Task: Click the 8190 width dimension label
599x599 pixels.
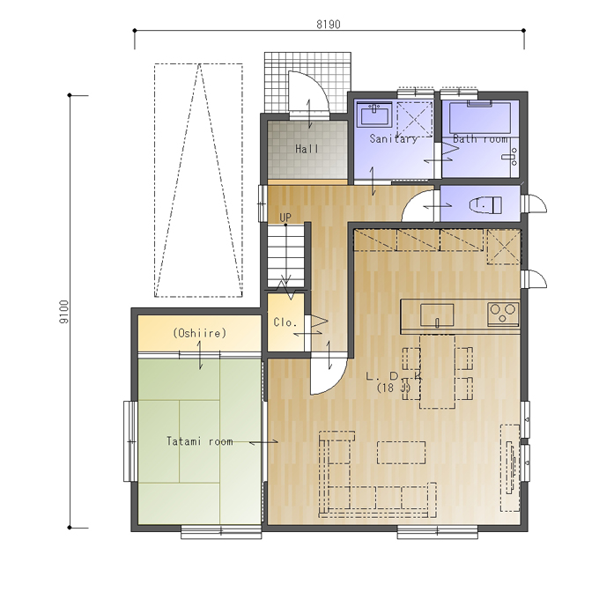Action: click(x=329, y=25)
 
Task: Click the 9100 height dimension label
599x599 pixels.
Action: click(x=64, y=312)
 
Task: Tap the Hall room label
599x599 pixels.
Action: click(x=307, y=149)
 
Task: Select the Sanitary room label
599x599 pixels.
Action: click(x=393, y=138)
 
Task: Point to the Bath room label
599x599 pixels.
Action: click(x=481, y=138)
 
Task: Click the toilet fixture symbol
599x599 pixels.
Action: click(x=485, y=205)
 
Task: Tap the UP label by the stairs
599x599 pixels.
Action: click(x=285, y=218)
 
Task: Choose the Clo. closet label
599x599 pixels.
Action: click(x=285, y=322)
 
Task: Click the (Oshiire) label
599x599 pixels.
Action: click(x=199, y=333)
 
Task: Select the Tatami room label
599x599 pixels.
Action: click(x=199, y=441)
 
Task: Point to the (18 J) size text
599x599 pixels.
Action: click(x=394, y=388)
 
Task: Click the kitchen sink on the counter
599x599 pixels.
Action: click(x=437, y=315)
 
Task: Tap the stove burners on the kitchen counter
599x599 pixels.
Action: click(x=503, y=314)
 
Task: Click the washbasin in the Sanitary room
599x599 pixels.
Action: click(x=374, y=114)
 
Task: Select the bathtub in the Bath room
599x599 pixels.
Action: click(x=480, y=117)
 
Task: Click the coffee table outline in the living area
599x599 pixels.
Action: click(x=401, y=452)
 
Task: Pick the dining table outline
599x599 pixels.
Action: click(x=438, y=372)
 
